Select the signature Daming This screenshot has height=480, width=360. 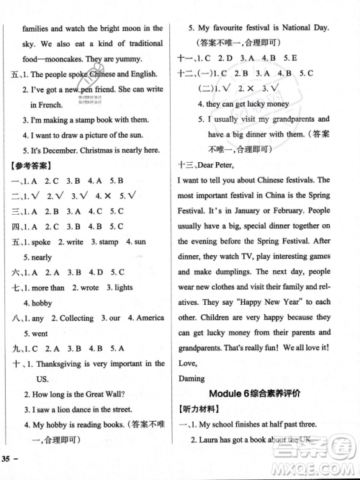point(191,377)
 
